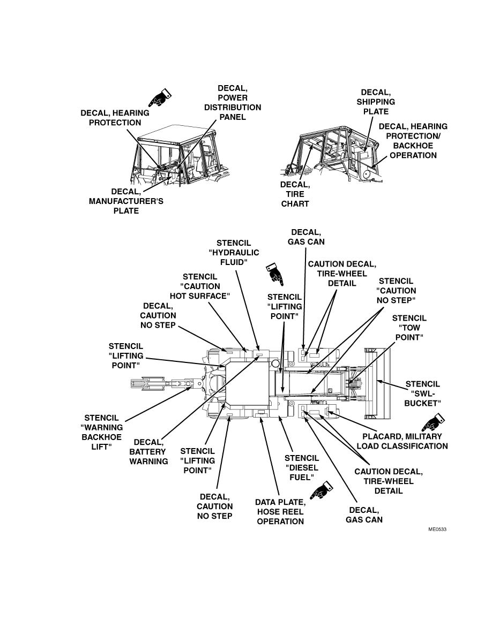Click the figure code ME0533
coord(437,529)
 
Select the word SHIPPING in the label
coord(376,102)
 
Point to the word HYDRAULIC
coord(234,253)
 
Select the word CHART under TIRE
coord(295,204)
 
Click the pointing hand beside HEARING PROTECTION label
coord(159,99)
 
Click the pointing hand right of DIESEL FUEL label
coord(322,490)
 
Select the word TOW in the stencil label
coord(409,328)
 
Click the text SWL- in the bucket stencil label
coord(422,393)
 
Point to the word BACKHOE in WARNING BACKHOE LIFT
coord(102,437)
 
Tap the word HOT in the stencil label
coord(181,296)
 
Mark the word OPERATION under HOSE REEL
coord(280,521)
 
